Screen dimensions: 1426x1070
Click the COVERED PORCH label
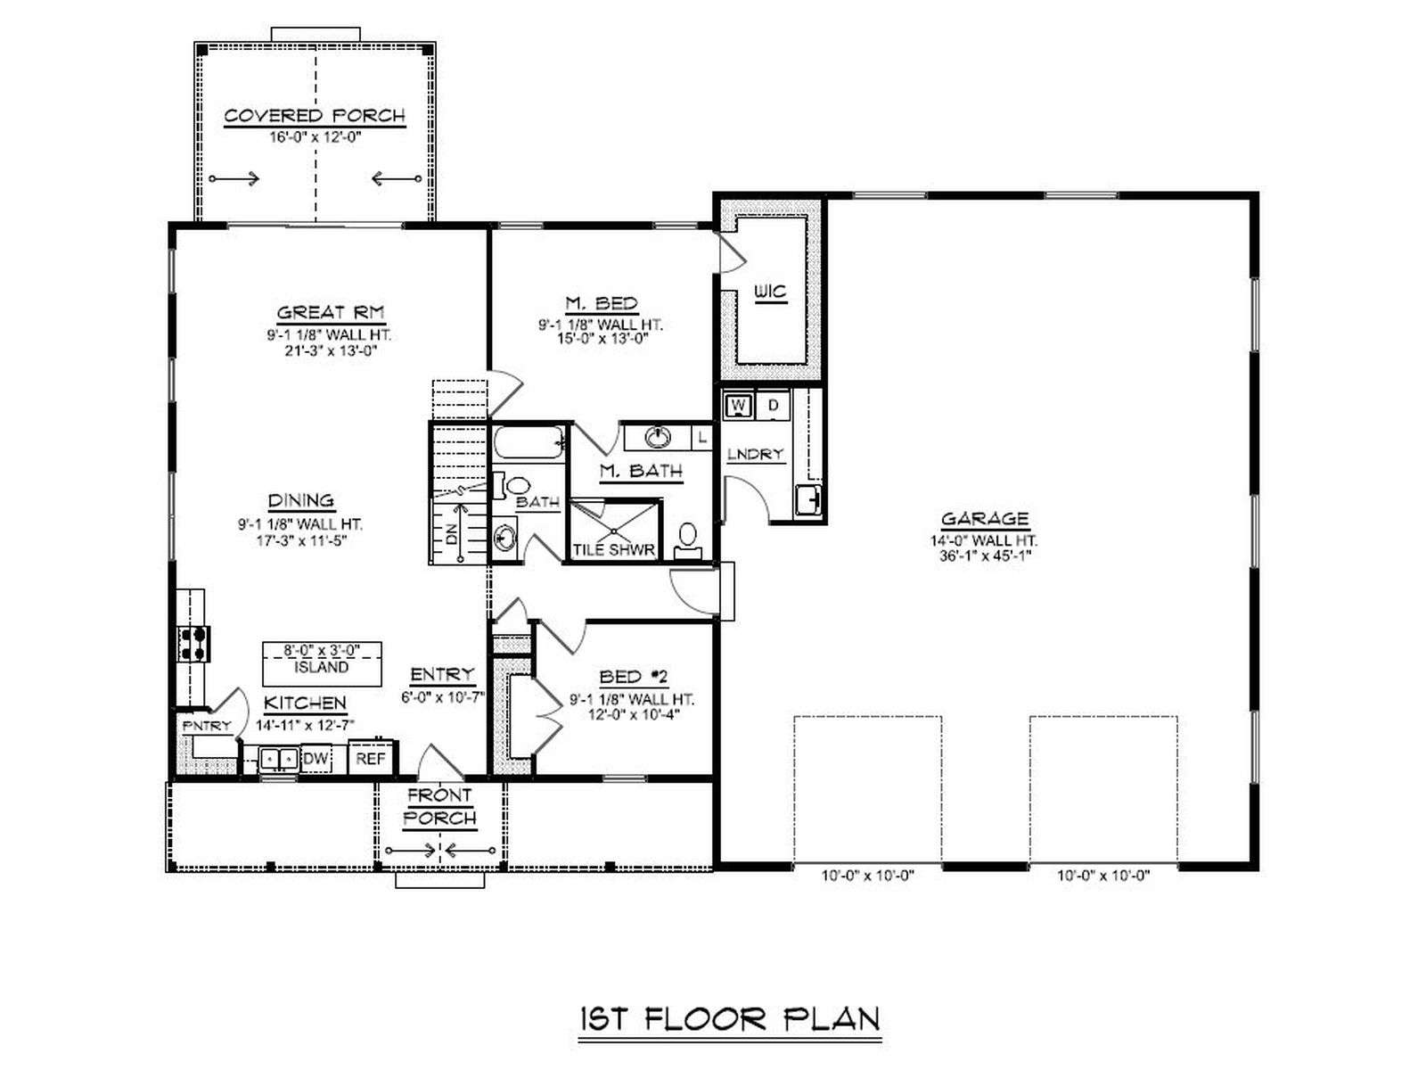[x=315, y=116]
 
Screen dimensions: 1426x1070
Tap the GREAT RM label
[x=331, y=312]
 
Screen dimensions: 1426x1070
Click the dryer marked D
[x=773, y=406]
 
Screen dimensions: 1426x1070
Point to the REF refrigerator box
[x=371, y=758]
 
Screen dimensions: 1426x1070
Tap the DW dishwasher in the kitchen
[x=316, y=759]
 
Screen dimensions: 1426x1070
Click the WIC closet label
[x=771, y=292]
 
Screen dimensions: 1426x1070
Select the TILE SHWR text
[x=613, y=550]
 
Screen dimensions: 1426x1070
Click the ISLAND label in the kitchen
[x=322, y=667]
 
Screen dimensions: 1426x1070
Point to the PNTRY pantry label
[x=207, y=727]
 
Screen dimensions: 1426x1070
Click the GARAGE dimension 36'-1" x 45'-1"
[x=985, y=556]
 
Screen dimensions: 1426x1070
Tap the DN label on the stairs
[x=452, y=534]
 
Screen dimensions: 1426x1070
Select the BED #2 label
[x=633, y=677]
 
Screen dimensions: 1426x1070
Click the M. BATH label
[x=641, y=471]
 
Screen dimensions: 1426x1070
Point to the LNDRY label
[x=755, y=454]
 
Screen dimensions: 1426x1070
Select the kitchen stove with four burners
[x=193, y=643]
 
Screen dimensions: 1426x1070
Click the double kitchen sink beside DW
[x=279, y=758]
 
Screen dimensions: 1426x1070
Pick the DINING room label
[x=301, y=501]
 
